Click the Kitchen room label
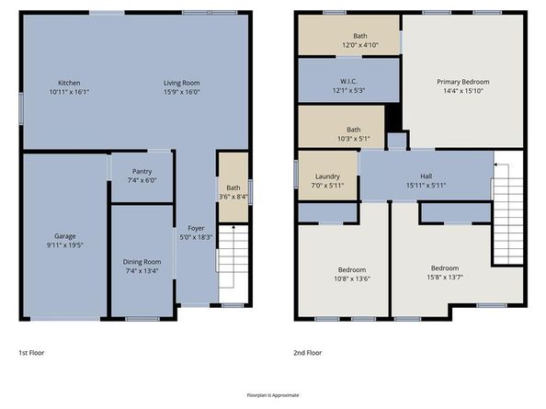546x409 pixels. (x=69, y=83)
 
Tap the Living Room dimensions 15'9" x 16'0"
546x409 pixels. (x=184, y=92)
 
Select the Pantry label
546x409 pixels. (x=142, y=170)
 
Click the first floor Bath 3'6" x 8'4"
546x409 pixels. (x=233, y=192)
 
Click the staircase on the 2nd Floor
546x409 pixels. (x=507, y=210)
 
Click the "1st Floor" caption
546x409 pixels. (x=31, y=352)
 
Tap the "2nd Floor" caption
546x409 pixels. (x=309, y=352)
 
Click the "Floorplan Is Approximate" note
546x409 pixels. (x=273, y=394)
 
